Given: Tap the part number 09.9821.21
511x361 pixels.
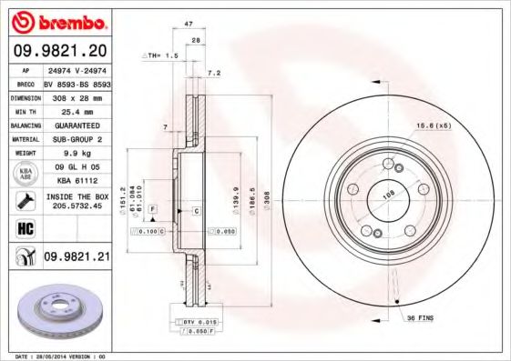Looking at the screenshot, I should (x=76, y=257).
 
